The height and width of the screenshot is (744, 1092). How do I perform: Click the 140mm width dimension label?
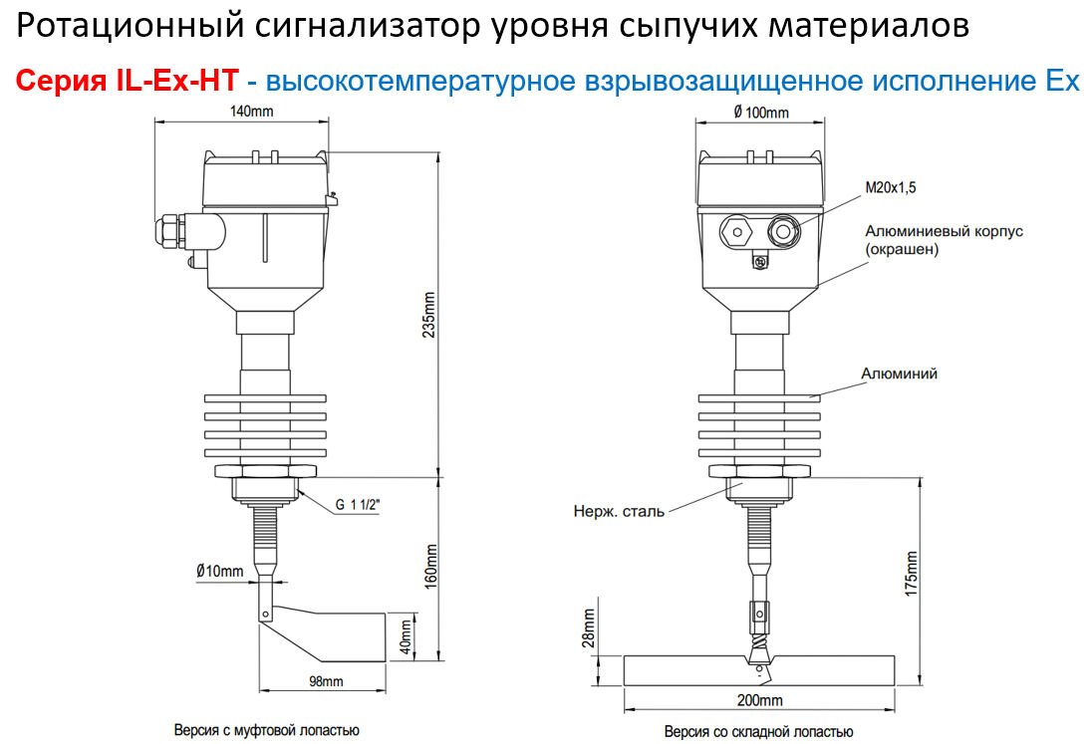tap(251, 112)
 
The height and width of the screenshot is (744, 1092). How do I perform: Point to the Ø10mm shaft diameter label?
tap(219, 571)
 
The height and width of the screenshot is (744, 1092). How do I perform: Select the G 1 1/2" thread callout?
tap(357, 506)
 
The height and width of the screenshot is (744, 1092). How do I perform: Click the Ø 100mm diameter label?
tap(760, 113)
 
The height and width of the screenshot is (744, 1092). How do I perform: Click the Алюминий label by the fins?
tap(899, 374)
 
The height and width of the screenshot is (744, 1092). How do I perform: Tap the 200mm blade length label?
tap(759, 700)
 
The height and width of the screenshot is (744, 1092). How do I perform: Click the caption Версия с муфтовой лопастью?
tap(267, 730)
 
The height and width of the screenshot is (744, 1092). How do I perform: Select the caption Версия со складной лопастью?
tap(759, 732)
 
